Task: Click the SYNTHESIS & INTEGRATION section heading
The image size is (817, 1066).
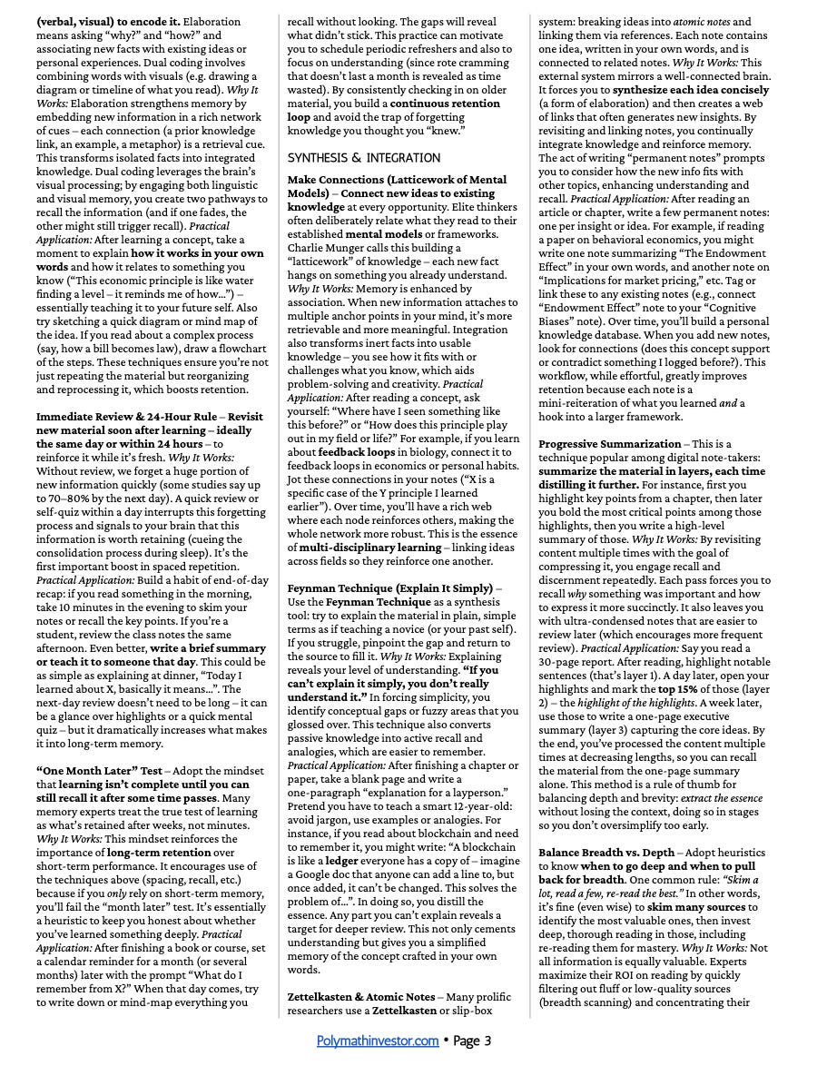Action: [351, 157]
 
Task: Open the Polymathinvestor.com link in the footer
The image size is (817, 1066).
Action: [378, 1041]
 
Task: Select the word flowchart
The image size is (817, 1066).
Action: [238, 335]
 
